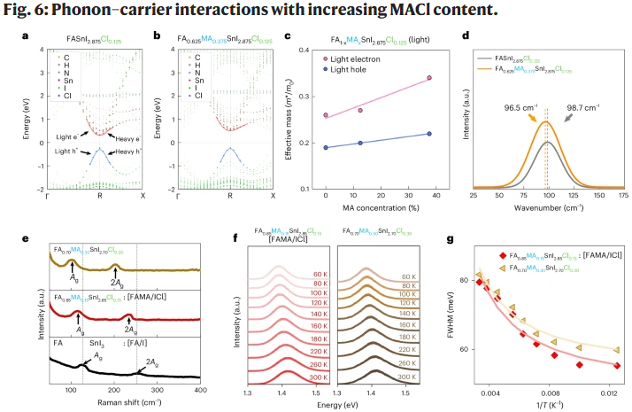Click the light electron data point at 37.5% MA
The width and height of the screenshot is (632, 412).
click(428, 78)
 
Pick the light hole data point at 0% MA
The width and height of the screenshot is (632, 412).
click(327, 147)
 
